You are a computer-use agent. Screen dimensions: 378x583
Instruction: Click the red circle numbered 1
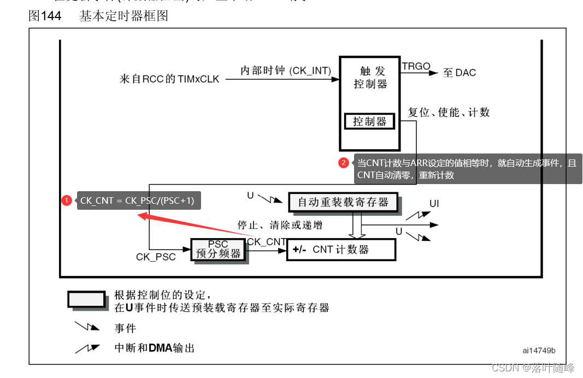[x=67, y=201]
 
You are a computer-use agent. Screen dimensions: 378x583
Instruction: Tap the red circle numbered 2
[x=344, y=163]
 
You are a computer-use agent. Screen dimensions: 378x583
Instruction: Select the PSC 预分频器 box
[x=218, y=249]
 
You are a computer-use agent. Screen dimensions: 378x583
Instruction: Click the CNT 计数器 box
[x=340, y=250]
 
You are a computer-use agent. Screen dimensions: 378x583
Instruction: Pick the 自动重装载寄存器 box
[x=344, y=202]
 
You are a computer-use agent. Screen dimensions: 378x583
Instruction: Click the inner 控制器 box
[x=369, y=121]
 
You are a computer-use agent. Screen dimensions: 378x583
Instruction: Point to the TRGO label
[x=416, y=67]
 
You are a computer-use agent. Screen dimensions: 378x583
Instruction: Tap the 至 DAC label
[x=459, y=73]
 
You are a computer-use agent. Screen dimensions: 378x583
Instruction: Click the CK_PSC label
[x=156, y=256]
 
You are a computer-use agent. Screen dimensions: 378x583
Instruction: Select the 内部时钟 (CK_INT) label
[x=286, y=71]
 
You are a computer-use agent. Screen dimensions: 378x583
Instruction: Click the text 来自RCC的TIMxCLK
[x=169, y=79]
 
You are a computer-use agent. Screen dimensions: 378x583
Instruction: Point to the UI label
[x=434, y=204]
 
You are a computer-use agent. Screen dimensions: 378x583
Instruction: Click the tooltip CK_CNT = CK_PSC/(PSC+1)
[x=137, y=201]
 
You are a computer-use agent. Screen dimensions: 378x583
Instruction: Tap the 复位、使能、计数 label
[x=449, y=113]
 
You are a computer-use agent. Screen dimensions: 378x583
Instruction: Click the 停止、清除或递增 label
[x=279, y=225]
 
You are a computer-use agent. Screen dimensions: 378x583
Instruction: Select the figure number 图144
[x=45, y=16]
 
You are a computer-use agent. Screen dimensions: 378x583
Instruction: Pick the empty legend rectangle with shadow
[x=86, y=299]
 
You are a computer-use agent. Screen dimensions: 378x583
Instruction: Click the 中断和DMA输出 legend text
[x=154, y=348]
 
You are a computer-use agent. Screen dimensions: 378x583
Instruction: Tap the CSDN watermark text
[x=533, y=368]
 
